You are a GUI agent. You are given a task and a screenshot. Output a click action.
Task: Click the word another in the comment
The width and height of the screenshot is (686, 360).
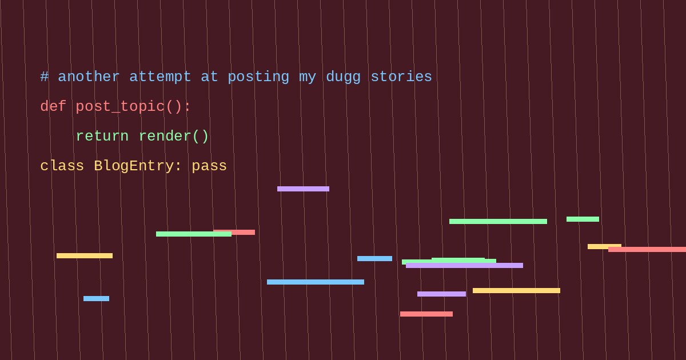[x=89, y=77]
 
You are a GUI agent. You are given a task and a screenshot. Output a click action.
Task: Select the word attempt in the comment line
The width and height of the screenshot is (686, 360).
[x=160, y=77]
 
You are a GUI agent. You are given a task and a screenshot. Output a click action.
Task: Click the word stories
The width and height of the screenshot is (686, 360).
[x=401, y=77]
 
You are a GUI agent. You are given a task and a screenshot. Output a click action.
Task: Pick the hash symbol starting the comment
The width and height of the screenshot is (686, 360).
[x=45, y=77]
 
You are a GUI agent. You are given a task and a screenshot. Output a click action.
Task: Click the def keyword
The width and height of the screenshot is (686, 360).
[x=53, y=106]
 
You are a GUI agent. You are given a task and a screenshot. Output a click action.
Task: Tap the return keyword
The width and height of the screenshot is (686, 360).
[x=102, y=136]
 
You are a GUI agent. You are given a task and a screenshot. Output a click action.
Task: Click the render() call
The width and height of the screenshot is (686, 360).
[x=174, y=136]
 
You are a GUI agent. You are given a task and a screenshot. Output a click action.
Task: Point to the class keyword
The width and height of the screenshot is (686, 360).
[x=62, y=166]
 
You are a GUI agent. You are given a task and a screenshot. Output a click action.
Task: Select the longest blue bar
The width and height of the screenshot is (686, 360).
[x=316, y=282]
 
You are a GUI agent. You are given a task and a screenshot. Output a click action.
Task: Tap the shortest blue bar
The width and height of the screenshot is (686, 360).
[x=96, y=298]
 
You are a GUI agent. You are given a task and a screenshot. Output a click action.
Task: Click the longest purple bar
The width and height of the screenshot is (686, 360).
[x=464, y=265]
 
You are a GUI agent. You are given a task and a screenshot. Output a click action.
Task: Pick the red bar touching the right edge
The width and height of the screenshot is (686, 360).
[x=647, y=250]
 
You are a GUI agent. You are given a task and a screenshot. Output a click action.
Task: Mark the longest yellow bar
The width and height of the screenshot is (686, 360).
[x=516, y=290]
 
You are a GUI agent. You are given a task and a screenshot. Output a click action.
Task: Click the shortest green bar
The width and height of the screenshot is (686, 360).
[x=583, y=219]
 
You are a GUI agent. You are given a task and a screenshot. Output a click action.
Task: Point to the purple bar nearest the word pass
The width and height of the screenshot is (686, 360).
[x=303, y=189]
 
